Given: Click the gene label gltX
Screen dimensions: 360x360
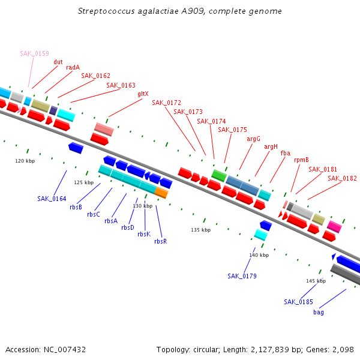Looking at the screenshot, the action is click(x=143, y=94).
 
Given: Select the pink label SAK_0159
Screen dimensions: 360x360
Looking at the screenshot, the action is click(x=34, y=53).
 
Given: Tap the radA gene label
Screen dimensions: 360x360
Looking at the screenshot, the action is click(x=73, y=67).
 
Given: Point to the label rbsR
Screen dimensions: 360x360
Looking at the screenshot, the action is click(x=160, y=241).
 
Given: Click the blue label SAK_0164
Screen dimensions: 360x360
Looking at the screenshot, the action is click(x=52, y=199).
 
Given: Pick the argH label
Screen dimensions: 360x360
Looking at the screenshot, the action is click(x=271, y=147).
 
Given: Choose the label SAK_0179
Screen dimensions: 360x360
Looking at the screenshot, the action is click(x=242, y=276).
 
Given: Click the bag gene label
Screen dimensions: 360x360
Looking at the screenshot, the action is click(x=319, y=312).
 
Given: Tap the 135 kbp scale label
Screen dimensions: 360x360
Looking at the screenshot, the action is click(x=200, y=230).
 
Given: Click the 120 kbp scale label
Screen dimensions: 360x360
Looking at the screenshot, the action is click(x=25, y=161).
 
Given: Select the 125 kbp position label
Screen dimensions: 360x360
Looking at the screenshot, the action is click(x=84, y=182).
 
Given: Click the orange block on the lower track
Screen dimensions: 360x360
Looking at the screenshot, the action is click(x=161, y=193).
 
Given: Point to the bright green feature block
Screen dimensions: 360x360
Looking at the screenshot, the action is click(x=219, y=176).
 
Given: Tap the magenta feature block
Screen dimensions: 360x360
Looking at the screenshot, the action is click(x=334, y=227).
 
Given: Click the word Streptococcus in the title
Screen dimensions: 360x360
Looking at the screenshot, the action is click(x=106, y=11).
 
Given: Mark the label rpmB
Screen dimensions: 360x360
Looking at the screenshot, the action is click(x=301, y=160).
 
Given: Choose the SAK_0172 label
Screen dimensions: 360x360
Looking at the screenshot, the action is click(x=166, y=103).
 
